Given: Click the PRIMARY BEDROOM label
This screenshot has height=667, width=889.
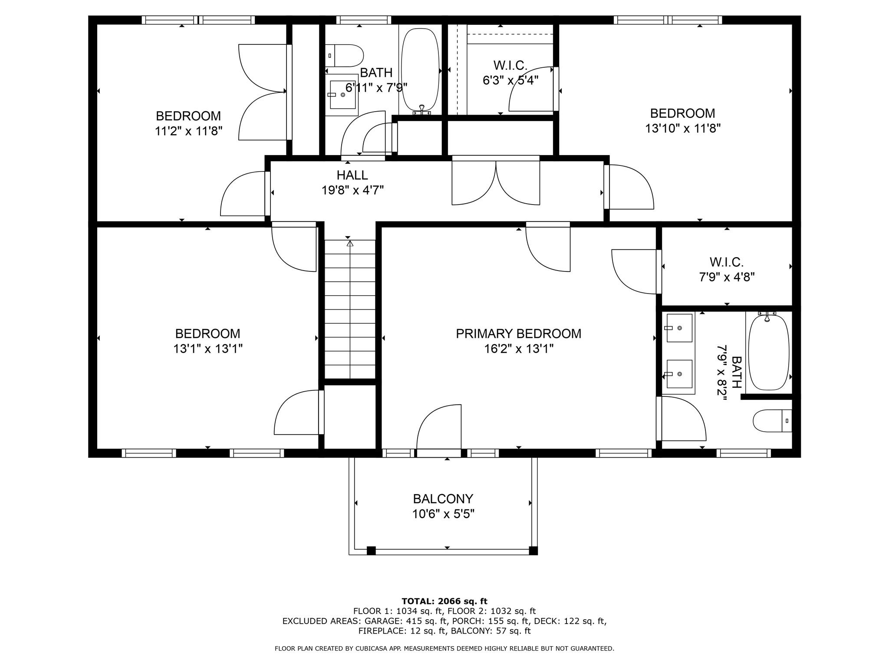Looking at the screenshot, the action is [518, 333].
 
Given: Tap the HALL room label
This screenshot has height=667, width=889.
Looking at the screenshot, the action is [352, 175].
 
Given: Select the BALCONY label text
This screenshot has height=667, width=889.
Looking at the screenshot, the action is [443, 499].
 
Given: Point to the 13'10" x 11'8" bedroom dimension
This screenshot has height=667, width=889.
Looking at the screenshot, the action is [683, 129].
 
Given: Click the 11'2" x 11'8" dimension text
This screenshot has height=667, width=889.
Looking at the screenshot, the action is [189, 131].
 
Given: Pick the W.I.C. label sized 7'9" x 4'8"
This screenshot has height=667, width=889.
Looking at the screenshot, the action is [727, 262].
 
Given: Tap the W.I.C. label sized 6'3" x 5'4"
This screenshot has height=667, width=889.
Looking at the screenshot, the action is [510, 66].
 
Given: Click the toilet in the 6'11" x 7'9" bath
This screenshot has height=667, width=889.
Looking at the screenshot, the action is [344, 56].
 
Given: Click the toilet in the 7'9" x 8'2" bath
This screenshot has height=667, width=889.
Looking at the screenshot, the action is [772, 421].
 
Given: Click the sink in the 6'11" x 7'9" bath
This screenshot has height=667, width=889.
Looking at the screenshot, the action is [343, 94].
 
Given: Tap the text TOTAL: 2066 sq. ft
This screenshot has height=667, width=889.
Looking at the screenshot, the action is [444, 601].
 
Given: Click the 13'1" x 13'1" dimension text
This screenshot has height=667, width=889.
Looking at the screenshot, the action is [208, 349].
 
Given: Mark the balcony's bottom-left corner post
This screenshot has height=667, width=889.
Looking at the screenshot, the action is [371, 551].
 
